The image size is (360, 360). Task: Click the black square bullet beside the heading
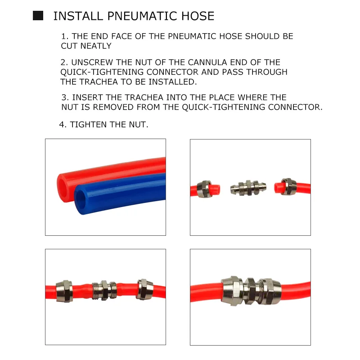coord(38,16)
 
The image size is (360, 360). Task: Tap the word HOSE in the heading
coord(198,16)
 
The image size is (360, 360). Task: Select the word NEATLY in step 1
coord(96,46)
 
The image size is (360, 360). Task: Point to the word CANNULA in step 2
coord(207,62)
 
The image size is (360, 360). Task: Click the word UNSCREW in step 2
coord(92,62)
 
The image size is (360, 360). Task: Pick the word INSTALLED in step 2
coord(173,82)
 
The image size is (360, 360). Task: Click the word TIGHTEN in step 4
coord(88,125)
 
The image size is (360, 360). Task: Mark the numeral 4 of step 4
coord(62,125)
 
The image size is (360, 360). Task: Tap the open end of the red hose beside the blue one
coord(63,187)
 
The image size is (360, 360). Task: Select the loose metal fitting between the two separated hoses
coord(248,188)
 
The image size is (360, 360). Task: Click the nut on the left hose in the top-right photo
coord(204,189)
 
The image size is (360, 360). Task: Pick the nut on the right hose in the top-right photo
coord(287,187)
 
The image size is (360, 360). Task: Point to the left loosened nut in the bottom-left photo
coord(64,291)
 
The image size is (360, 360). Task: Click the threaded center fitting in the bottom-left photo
coord(104,290)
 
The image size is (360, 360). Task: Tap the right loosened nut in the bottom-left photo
coord(144,289)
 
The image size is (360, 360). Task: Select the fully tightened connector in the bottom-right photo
coord(251,291)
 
